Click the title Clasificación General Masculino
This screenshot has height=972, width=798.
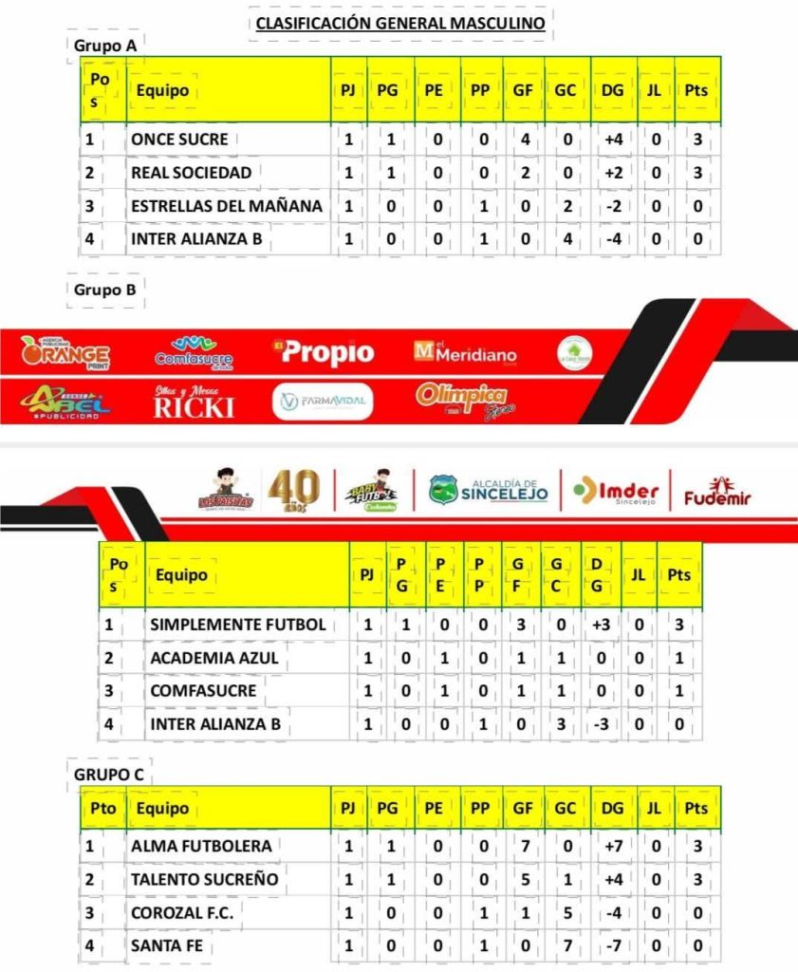pyautogui.click(x=399, y=24)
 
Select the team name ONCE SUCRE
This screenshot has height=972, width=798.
pyautogui.click(x=180, y=140)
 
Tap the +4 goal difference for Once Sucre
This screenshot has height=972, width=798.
pyautogui.click(x=612, y=140)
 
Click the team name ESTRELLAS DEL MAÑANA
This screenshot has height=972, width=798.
pyautogui.click(x=227, y=206)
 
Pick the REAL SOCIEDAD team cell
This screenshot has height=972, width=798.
pyautogui.click(x=192, y=173)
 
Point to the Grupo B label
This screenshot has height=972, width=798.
pyautogui.click(x=104, y=290)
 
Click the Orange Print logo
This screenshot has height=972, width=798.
pyautogui.click(x=65, y=353)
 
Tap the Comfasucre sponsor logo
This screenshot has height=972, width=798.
pyautogui.click(x=195, y=352)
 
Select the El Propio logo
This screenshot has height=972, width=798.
pyautogui.click(x=323, y=352)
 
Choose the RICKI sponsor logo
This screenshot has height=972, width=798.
pyautogui.click(x=194, y=403)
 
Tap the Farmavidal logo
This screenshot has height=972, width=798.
pyautogui.click(x=323, y=402)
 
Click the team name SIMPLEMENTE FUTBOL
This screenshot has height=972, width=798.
pyautogui.click(x=238, y=625)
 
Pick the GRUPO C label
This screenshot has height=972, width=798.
pyautogui.click(x=108, y=775)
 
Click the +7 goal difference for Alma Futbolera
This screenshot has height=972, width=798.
pyautogui.click(x=612, y=846)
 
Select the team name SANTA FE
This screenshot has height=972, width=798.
pyautogui.click(x=167, y=945)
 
